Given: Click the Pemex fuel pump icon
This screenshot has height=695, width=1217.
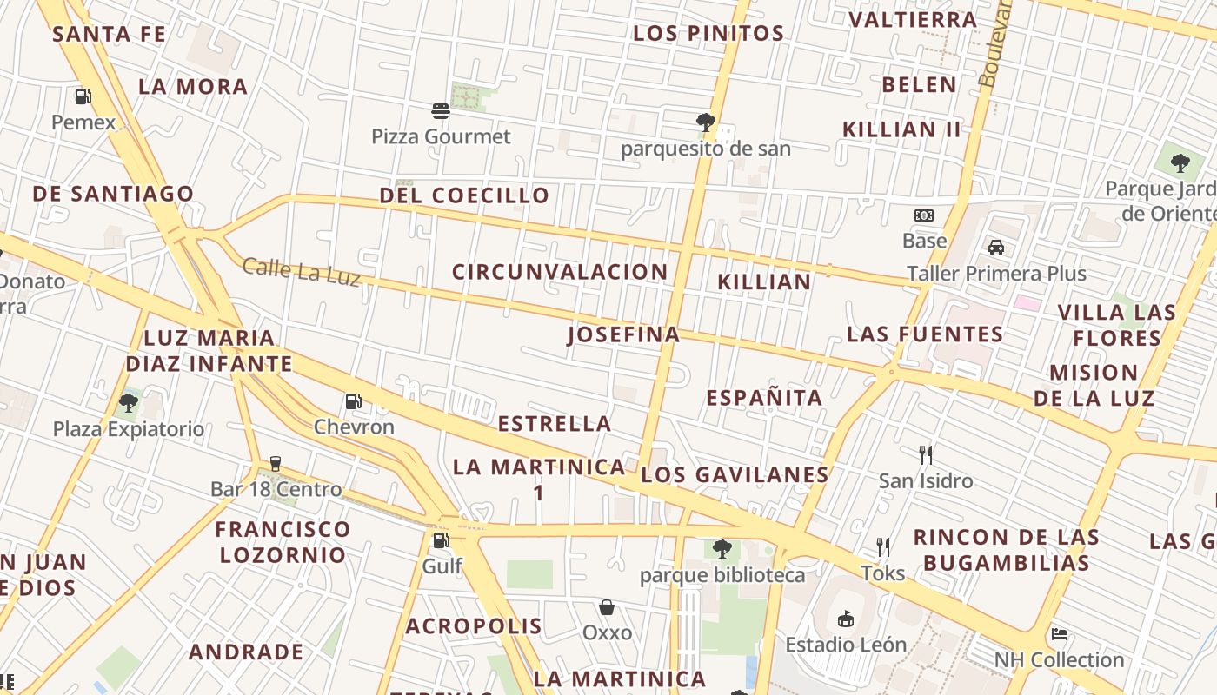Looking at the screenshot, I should tap(83, 96).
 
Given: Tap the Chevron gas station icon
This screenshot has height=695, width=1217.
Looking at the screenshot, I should tap(353, 401).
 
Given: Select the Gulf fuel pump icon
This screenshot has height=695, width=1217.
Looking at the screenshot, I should tap(441, 540).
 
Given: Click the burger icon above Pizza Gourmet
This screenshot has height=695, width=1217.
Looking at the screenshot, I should tap(441, 110).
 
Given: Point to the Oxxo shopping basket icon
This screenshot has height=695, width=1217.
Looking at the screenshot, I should tap(607, 607).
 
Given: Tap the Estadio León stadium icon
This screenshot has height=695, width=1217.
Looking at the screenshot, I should tap(845, 619).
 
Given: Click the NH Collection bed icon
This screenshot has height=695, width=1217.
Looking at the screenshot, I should tap(1059, 634).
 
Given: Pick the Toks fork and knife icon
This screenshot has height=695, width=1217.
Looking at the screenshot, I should tap(883, 546).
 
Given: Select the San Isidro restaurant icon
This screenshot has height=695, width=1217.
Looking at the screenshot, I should tap(926, 454).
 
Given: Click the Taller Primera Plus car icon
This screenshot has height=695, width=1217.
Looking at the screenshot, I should tap(996, 248).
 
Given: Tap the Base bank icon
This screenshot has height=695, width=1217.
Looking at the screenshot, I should tap(924, 215).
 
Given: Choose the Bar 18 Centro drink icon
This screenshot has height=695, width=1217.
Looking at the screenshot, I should tap(276, 463).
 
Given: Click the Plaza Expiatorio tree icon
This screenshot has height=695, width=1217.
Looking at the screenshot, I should tap(129, 402).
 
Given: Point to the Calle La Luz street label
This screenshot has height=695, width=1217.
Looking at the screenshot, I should tap(301, 271).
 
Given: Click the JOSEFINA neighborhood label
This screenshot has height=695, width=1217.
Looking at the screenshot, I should tap(623, 334).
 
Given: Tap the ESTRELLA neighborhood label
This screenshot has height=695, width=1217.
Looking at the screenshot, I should tap(555, 424).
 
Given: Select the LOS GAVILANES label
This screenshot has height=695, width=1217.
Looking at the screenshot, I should tap(735, 474).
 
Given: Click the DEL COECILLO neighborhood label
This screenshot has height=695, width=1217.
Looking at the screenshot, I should tap(464, 195).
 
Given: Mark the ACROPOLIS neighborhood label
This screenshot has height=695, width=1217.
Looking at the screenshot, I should tap(474, 625).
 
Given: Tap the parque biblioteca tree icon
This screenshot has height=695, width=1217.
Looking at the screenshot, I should tap(722, 548).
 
